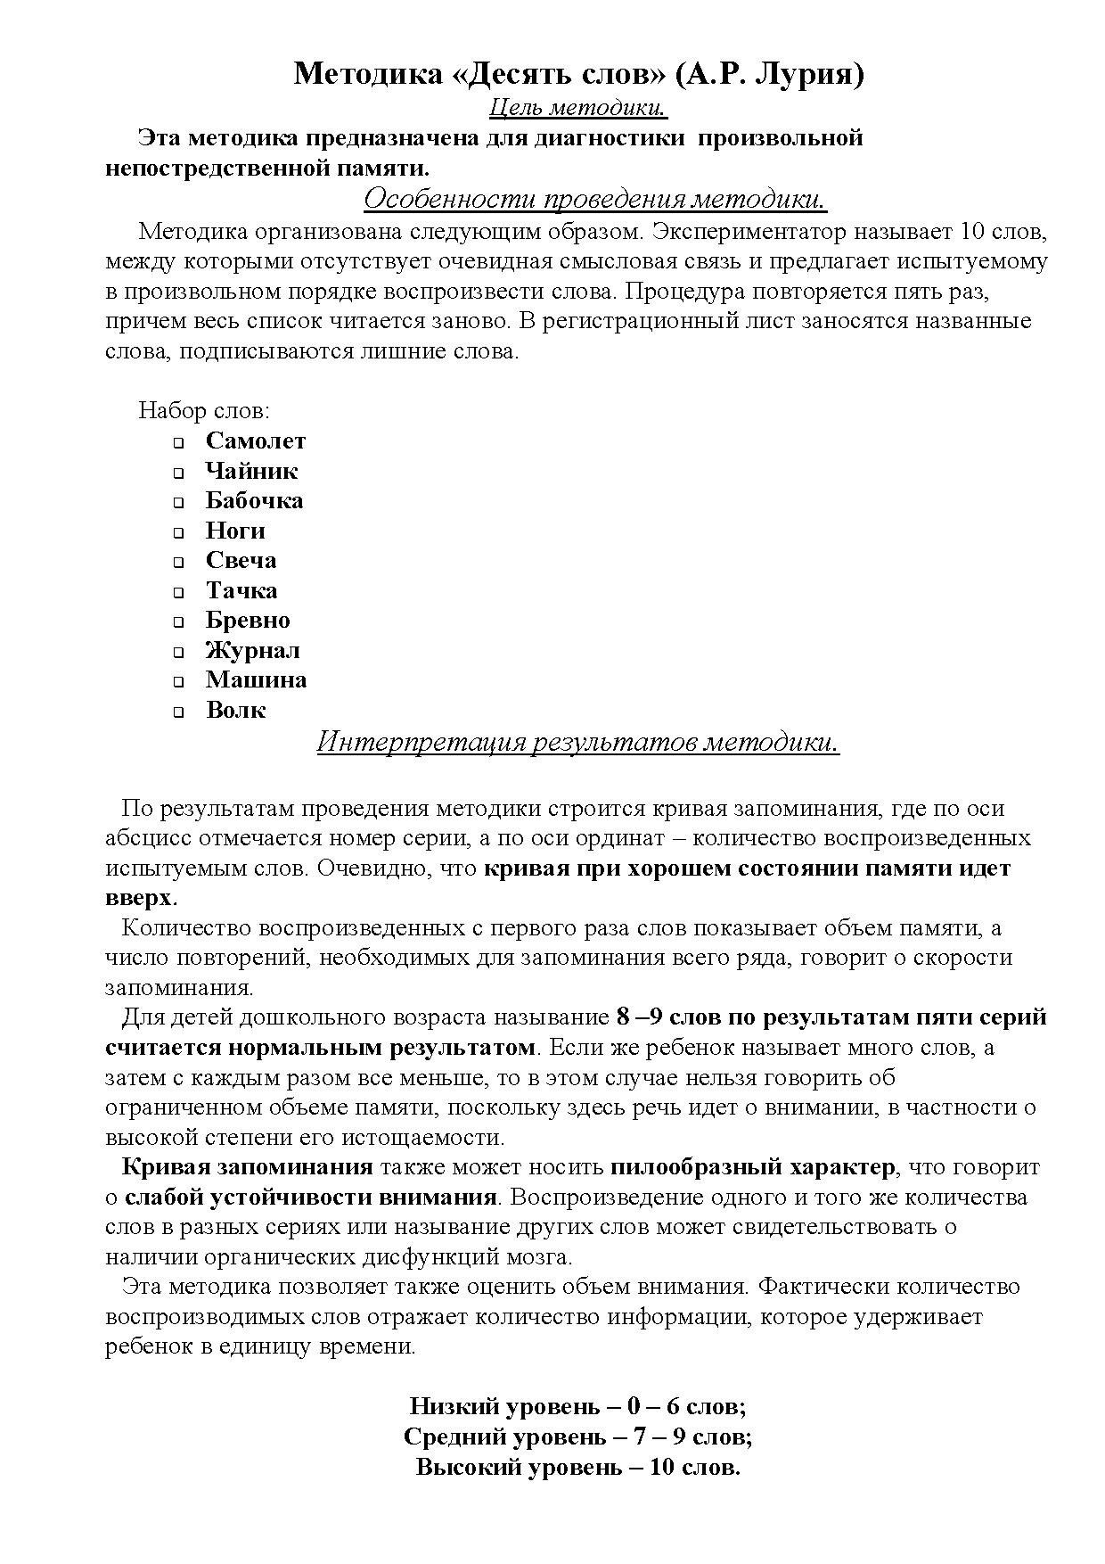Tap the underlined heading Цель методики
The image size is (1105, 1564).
point(578,108)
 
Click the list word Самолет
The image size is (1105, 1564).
point(256,440)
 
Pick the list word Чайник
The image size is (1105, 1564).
point(251,471)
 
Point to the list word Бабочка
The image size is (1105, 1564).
point(254,500)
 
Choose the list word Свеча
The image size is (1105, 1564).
point(241,560)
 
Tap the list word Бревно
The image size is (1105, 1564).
point(248,620)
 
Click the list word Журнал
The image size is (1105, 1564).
point(252,650)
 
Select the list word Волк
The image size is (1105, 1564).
point(235,710)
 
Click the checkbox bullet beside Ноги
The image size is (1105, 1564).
point(178,532)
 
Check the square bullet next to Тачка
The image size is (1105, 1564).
point(178,592)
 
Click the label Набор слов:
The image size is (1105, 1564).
point(204,411)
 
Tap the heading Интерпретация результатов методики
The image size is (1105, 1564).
point(578,742)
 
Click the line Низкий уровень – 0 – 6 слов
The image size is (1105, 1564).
point(577,1407)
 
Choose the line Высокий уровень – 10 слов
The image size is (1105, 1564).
point(577,1467)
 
